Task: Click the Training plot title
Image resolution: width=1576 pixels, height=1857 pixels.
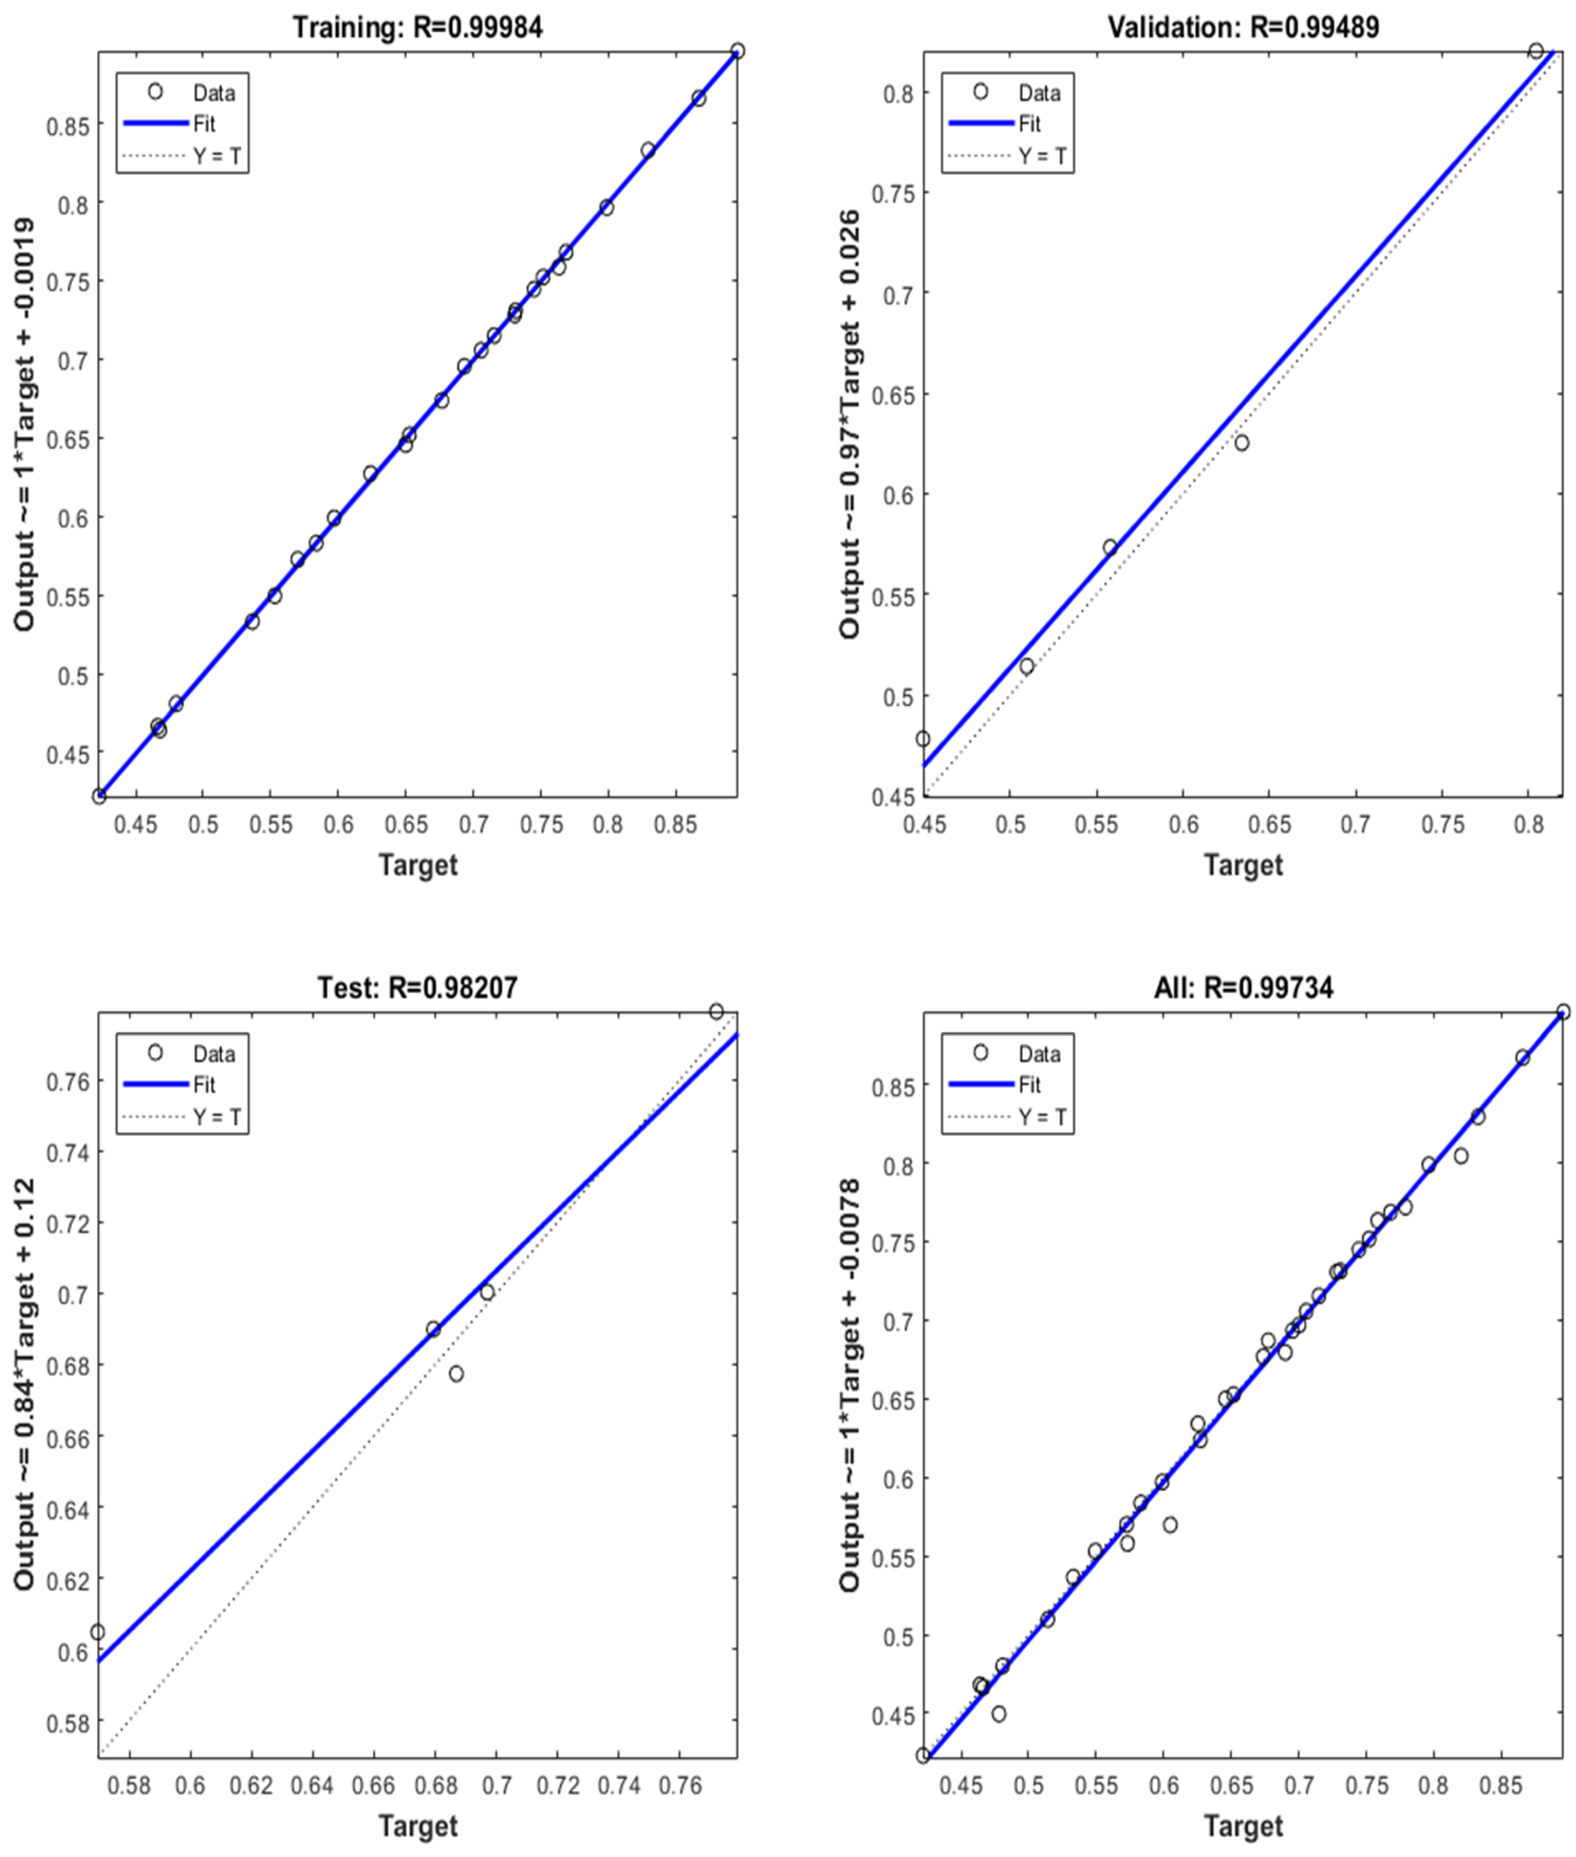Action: [417, 28]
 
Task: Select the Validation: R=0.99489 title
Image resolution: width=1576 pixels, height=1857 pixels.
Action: [1243, 28]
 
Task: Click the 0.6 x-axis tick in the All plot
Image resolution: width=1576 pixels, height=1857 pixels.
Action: [1164, 1786]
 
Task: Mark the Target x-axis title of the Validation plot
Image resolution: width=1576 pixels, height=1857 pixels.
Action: [1243, 865]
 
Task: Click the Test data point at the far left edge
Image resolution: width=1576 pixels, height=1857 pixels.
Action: [97, 1633]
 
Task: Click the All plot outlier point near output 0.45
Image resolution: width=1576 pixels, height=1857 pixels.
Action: [999, 1714]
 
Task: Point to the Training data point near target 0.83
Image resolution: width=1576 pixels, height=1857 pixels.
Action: [648, 150]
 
